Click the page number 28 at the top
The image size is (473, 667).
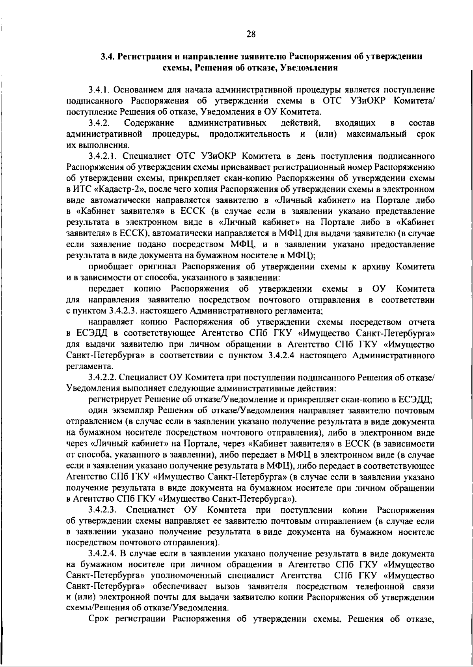pos(251,34)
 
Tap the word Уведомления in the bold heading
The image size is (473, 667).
pos(310,67)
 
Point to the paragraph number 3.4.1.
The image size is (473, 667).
pos(101,90)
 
